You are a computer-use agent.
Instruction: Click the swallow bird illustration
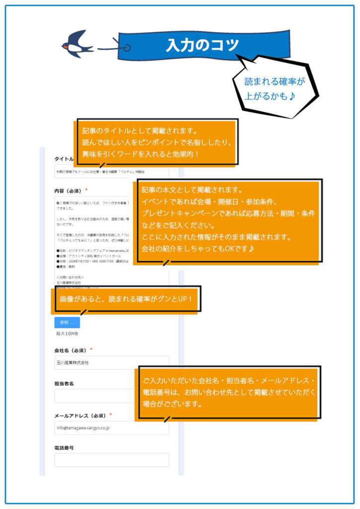click(x=78, y=44)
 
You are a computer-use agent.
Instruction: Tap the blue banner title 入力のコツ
click(x=203, y=45)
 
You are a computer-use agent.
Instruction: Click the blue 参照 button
click(x=67, y=322)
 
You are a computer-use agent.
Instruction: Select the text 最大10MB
click(x=67, y=334)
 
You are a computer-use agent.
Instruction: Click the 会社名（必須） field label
click(x=71, y=350)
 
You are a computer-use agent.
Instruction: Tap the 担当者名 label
click(x=65, y=383)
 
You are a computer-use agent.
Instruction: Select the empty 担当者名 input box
click(x=94, y=396)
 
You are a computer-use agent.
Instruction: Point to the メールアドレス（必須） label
click(x=80, y=416)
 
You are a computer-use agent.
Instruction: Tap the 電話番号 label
click(x=64, y=447)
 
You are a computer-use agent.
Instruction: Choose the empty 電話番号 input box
click(x=111, y=460)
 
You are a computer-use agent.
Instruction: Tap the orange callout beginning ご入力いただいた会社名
click(x=229, y=393)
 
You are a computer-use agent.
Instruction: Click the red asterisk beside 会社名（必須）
click(x=91, y=349)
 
